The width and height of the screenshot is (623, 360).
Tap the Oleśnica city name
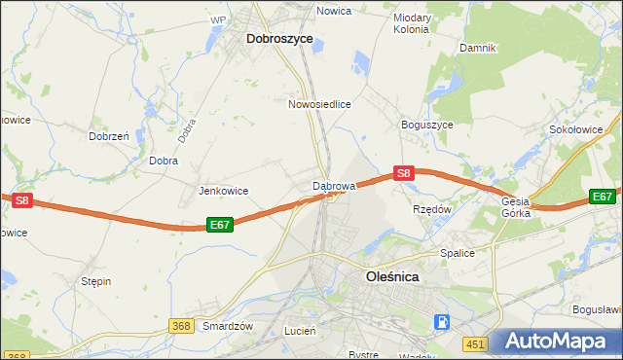pyautogui.click(x=392, y=276)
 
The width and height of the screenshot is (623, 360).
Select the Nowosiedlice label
pyautogui.click(x=319, y=102)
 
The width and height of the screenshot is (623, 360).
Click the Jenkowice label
pyautogui.click(x=223, y=191)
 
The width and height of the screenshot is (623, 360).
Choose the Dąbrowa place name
pyautogui.click(x=334, y=184)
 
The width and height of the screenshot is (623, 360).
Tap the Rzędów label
pyautogui.click(x=432, y=208)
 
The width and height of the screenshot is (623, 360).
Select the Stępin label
pyautogui.click(x=95, y=281)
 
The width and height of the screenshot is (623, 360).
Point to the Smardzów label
pyautogui.click(x=228, y=326)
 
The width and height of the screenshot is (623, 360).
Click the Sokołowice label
pyautogui.click(x=584, y=128)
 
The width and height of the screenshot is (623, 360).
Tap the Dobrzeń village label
pyautogui.click(x=109, y=137)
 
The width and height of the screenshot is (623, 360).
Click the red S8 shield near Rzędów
pyautogui.click(x=405, y=173)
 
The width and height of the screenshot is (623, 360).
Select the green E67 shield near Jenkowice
pyautogui.click(x=220, y=225)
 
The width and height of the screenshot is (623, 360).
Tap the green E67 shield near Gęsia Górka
pyautogui.click(x=604, y=197)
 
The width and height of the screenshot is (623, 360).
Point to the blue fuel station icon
pyautogui.click(x=442, y=320)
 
